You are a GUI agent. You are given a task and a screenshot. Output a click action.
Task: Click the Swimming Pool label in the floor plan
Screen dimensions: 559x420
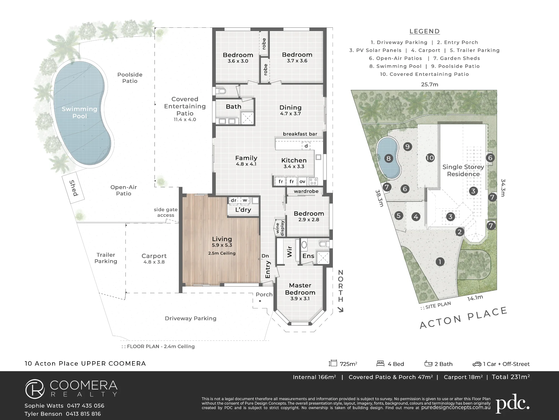[x=80, y=113]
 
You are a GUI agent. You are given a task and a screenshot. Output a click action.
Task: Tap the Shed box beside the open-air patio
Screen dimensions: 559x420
[x=73, y=188]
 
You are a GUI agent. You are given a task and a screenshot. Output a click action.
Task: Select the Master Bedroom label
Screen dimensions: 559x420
[x=300, y=289]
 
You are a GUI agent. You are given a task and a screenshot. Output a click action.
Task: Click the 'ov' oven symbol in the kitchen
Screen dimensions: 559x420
[x=302, y=181]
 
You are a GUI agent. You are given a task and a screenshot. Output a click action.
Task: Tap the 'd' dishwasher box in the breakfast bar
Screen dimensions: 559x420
[x=306, y=146]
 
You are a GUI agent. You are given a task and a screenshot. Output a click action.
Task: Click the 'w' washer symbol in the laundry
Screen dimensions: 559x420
[x=245, y=200]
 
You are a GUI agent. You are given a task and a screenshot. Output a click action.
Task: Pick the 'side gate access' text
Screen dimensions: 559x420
[x=166, y=212]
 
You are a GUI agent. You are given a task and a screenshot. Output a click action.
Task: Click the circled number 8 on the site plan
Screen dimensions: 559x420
[x=389, y=159]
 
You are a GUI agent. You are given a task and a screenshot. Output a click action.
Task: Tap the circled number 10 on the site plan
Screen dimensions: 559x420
[x=430, y=158]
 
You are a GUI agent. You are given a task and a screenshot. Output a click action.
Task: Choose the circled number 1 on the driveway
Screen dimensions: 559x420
[x=440, y=262]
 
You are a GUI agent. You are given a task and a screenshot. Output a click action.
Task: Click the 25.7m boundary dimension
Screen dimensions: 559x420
[x=430, y=85]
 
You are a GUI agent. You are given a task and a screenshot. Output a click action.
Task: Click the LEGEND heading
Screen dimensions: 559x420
[x=425, y=31]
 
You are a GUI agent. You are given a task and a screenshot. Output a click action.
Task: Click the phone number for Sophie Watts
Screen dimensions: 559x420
[x=86, y=406]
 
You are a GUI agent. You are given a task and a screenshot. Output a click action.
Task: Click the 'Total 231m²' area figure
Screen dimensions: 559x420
[x=511, y=377]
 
